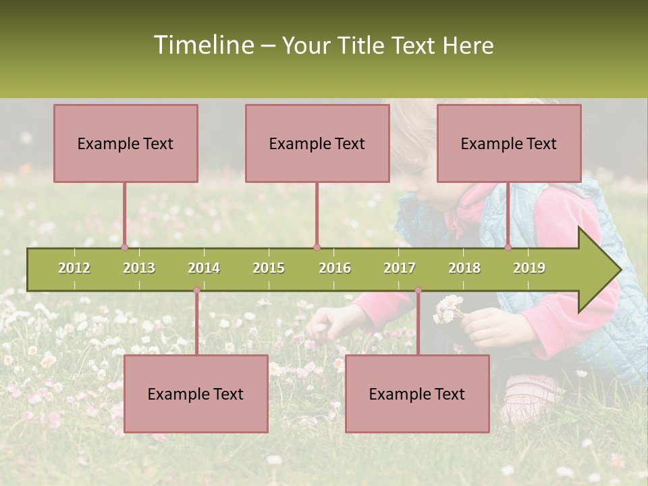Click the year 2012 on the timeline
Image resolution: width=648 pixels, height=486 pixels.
coord(74,268)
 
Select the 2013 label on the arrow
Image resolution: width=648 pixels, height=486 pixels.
coord(139,268)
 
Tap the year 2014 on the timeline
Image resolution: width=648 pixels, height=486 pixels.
coord(204,268)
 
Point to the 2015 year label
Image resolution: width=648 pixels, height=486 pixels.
coord(269,268)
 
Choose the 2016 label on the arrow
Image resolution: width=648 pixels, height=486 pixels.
coord(335,268)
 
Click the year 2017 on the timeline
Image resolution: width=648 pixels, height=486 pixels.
coord(400,268)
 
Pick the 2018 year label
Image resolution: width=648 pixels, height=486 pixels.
coord(464,268)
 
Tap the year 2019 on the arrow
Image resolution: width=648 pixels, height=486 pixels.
coord(529,268)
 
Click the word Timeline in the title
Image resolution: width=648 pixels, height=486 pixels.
coord(202,45)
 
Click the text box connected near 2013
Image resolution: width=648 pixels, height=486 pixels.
coord(126,143)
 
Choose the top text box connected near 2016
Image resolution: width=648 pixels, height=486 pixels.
coord(317,143)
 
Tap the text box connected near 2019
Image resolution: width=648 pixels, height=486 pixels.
coord(509,143)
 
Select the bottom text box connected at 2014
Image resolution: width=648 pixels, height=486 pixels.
coord(196,394)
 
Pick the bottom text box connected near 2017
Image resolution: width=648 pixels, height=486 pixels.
coord(417,394)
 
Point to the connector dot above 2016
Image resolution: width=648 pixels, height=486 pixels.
coord(317,247)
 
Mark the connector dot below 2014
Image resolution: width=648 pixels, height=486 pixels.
coord(196,290)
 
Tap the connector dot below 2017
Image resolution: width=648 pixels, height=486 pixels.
coord(418,290)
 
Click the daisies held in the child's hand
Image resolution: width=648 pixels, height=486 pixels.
coord(449,308)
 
